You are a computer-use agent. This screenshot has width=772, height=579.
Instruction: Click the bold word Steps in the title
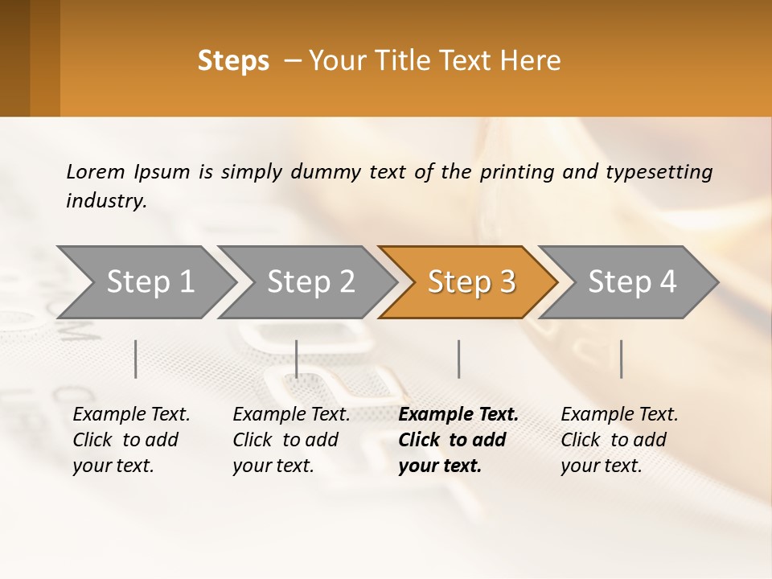[233, 61]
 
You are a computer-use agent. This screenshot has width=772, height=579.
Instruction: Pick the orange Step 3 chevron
[471, 281]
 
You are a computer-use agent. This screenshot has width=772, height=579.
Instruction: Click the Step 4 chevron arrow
[632, 281]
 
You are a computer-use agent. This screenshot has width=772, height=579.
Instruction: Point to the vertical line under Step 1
[136, 359]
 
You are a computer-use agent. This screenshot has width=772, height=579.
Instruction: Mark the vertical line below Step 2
[297, 359]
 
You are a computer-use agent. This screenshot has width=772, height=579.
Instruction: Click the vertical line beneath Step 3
[458, 359]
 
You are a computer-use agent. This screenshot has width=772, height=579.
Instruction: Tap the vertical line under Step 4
[621, 359]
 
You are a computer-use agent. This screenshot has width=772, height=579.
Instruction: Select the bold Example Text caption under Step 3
[458, 439]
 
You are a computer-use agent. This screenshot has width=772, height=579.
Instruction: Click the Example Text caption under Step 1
[131, 439]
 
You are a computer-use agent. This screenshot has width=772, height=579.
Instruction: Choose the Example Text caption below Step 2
[291, 439]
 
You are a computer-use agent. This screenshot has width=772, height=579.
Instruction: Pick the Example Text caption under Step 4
[619, 439]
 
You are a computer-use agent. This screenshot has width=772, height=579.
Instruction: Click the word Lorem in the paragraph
[96, 171]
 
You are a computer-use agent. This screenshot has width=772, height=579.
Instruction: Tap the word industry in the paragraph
[105, 201]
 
